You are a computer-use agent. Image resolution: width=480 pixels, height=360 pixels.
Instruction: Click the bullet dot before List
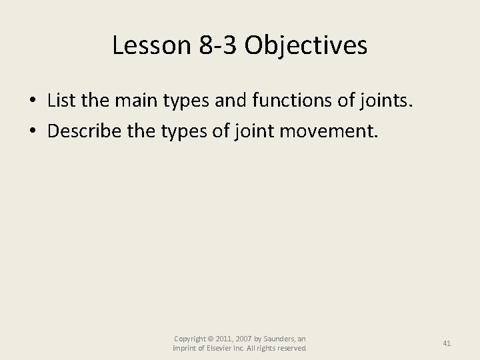[33, 101]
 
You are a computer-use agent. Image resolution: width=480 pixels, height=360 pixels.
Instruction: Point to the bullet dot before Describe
[33, 131]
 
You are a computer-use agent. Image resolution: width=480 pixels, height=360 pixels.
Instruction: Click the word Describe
[84, 130]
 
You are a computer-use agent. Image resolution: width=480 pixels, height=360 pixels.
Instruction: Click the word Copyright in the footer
[189, 339]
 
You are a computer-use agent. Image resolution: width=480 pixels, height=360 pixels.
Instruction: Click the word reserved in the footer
[289, 349]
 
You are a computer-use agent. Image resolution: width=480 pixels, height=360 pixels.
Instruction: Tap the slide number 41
[447, 343]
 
